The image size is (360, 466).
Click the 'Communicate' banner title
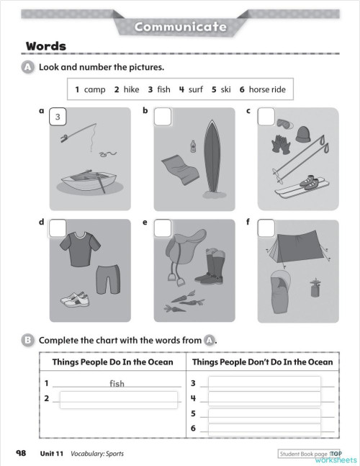pos(180,27)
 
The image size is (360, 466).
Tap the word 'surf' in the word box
pos(195,89)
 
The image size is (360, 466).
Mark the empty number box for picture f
pos(266,228)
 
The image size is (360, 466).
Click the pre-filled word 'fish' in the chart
pos(117,383)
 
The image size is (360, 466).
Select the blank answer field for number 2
pos(118,399)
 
